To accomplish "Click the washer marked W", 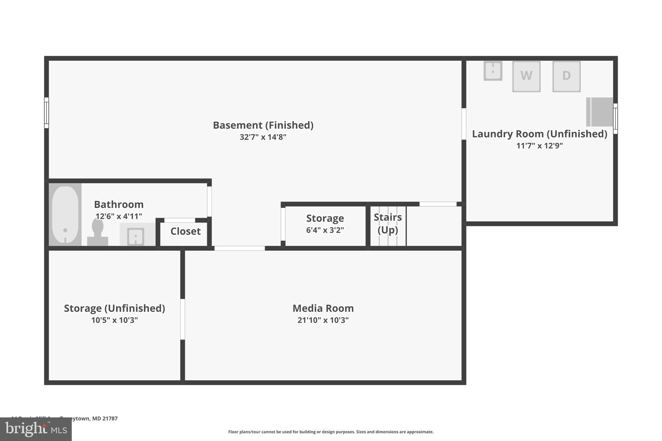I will click(526, 76).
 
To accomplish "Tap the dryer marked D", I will click(566, 76).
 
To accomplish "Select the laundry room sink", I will click(493, 71).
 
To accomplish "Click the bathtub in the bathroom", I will click(65, 215).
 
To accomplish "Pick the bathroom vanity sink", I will click(136, 236).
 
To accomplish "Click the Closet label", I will click(186, 231).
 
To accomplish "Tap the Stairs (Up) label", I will click(388, 224).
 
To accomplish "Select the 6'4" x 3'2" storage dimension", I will click(325, 230).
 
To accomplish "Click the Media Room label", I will click(323, 308).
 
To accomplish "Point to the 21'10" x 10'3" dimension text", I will click(323, 320).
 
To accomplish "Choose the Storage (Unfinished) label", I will click(114, 308).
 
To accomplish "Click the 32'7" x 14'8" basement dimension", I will click(263, 137).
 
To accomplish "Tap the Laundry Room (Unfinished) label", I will click(539, 134).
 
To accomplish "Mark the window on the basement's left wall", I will click(47, 113).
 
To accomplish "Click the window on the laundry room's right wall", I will click(615, 118).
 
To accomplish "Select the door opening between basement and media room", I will click(240, 248).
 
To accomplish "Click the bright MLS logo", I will click(36, 429).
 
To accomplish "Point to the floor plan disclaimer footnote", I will click(331, 432).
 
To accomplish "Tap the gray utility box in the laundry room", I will click(600, 112).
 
